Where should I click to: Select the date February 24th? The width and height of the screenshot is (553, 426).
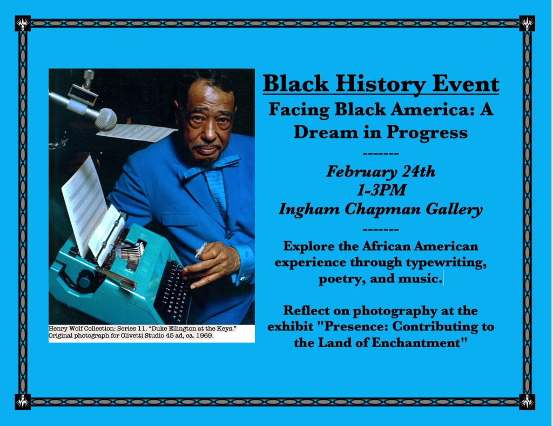(381, 172)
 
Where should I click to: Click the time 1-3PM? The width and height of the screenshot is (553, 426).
(381, 190)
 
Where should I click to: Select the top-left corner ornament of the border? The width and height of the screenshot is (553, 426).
(23, 23)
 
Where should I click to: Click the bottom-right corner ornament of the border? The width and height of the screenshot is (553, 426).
(527, 402)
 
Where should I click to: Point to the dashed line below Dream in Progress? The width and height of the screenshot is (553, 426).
(381, 154)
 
